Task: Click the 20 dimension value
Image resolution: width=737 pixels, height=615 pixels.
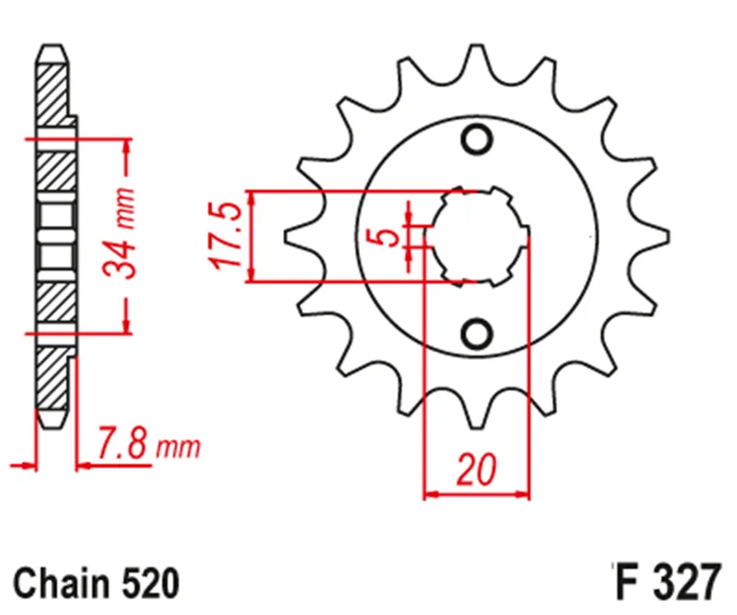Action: (x=476, y=469)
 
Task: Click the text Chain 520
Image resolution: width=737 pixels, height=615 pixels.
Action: (x=97, y=584)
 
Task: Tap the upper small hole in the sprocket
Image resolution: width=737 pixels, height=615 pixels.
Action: (x=477, y=140)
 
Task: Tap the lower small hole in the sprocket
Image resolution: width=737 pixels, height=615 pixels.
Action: (x=477, y=333)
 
